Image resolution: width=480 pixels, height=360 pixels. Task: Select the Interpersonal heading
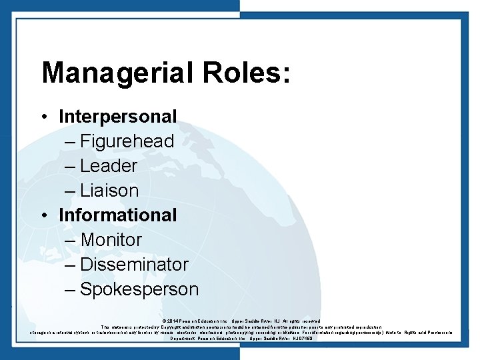point(118,117)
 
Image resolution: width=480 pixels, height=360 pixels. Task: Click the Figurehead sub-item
point(127,141)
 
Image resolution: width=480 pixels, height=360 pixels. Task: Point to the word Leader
point(109,166)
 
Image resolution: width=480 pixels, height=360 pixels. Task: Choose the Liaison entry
point(109,191)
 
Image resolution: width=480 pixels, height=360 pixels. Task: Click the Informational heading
point(118,215)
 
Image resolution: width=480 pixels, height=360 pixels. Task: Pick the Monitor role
point(111,239)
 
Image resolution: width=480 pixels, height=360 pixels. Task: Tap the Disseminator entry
point(134,264)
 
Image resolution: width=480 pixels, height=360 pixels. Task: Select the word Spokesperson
point(139,289)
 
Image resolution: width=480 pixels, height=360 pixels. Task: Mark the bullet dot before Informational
point(43,215)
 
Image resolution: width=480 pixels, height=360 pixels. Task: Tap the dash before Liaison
point(71,191)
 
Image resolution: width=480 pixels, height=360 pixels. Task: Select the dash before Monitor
point(71,240)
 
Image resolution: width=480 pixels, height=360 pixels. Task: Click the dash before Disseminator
point(71,265)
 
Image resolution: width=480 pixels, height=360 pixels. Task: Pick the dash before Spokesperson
point(71,290)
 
